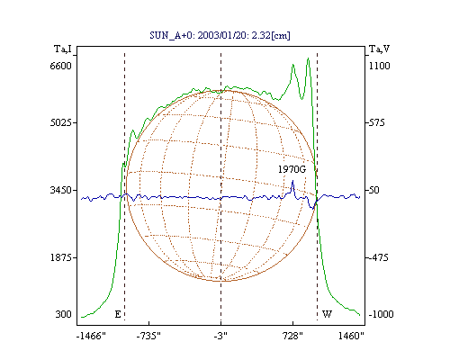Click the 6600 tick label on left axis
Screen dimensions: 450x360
(60, 66)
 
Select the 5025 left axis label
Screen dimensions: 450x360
(61, 122)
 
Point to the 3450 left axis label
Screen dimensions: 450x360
(61, 190)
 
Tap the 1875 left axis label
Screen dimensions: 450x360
(61, 257)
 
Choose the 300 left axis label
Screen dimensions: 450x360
(63, 314)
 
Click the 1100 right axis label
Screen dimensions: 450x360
(380, 66)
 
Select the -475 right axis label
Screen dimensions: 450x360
(378, 257)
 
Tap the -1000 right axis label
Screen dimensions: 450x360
(381, 314)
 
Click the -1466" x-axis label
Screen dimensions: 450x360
(91, 336)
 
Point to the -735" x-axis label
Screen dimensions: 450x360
(148, 336)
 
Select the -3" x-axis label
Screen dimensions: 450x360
(220, 336)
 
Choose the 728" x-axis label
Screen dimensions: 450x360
(292, 336)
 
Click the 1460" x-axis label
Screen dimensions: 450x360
(351, 336)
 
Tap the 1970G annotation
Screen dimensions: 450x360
(292, 169)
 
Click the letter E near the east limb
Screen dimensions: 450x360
(118, 314)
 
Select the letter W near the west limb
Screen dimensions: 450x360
(327, 314)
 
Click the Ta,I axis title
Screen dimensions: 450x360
(63, 49)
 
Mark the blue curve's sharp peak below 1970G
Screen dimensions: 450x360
(292, 180)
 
